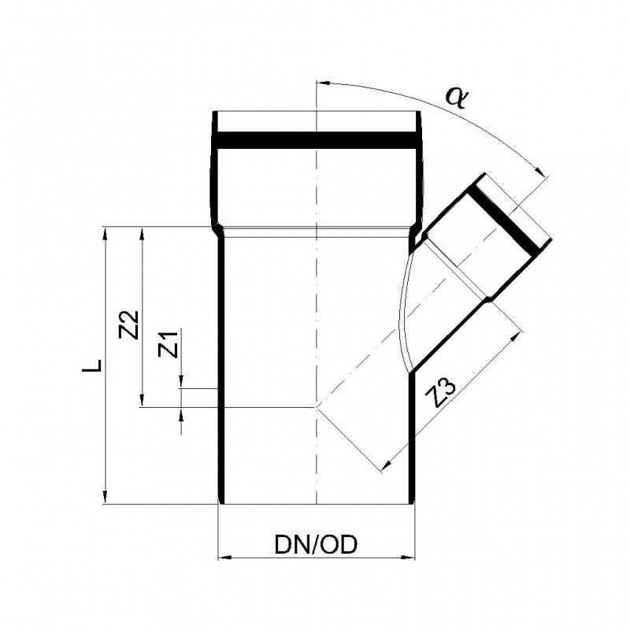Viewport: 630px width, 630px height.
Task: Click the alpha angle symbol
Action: point(456,96)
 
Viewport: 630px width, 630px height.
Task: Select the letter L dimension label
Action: point(94,366)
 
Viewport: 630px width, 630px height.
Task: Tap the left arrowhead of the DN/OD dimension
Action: point(223,558)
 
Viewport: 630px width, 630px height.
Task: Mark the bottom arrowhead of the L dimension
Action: point(104,496)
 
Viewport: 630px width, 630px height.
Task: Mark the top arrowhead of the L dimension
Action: point(104,234)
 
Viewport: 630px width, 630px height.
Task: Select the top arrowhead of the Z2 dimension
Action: point(142,234)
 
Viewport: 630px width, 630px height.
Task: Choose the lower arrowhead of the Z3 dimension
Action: point(385,468)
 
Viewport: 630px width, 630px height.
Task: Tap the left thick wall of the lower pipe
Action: point(220,370)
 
